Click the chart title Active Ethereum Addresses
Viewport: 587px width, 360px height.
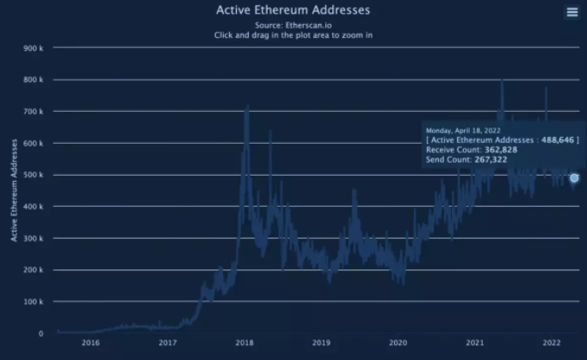coord(293,10)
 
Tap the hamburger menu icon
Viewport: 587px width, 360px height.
coord(572,12)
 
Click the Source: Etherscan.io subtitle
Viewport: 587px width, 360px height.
coord(293,26)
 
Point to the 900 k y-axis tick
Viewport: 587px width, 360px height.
coord(34,48)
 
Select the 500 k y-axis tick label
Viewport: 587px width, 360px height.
coord(34,175)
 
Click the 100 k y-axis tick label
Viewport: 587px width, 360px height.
coord(34,301)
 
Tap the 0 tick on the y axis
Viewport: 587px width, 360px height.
coord(40,333)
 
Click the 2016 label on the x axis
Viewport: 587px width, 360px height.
coord(90,343)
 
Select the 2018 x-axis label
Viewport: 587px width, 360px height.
coord(244,343)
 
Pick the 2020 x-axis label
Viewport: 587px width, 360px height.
coord(398,343)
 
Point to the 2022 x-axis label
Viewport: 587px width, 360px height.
coord(552,343)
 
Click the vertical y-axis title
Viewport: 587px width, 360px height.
coord(14,190)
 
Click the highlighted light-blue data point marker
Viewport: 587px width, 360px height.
coord(574,178)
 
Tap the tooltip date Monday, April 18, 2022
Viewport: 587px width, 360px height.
coord(463,130)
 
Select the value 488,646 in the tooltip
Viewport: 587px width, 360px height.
coord(558,140)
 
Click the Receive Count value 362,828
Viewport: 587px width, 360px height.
coord(501,150)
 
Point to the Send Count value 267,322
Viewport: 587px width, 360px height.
coord(491,159)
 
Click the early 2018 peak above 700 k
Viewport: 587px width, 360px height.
coord(247,107)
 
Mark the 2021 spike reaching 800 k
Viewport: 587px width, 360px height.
coord(502,81)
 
